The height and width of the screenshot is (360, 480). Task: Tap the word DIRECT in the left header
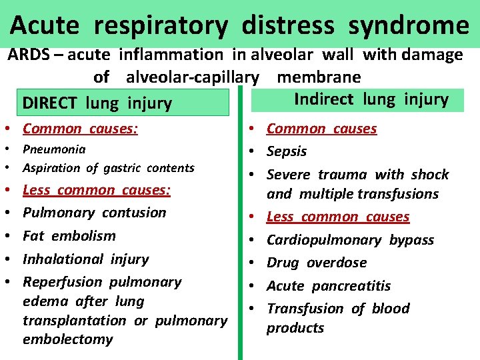point(49,103)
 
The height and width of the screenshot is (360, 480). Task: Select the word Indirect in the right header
point(324,99)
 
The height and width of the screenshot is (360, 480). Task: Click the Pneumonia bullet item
point(54,149)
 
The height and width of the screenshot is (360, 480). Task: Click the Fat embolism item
point(69,235)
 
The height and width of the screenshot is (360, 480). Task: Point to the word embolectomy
point(67,339)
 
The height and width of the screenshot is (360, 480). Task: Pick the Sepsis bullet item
point(287,151)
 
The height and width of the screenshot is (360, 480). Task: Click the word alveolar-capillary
point(192,77)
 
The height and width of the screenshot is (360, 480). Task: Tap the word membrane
point(319,77)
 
